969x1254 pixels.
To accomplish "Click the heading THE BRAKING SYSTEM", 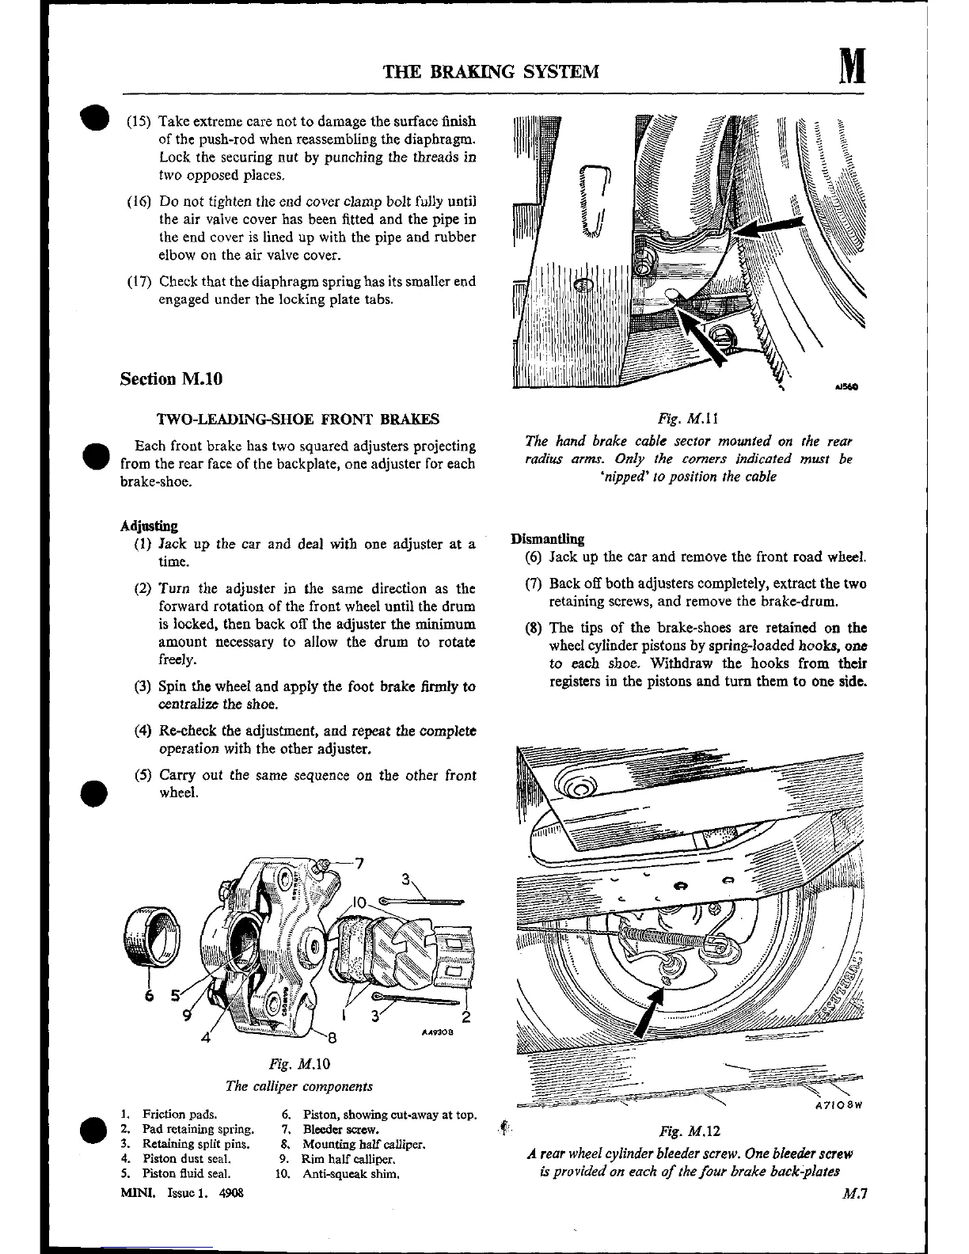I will pyautogui.click(x=491, y=72).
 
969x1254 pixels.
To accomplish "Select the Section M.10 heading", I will pyautogui.click(x=171, y=378).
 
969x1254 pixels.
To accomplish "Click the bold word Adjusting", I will pyautogui.click(x=149, y=526).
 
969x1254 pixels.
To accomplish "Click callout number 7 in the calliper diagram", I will pyautogui.click(x=359, y=863).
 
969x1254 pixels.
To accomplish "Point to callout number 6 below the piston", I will pyautogui.click(x=148, y=996).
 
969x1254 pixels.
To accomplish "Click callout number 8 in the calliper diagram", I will pyautogui.click(x=332, y=1037).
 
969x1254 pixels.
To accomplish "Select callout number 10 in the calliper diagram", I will pyautogui.click(x=358, y=902).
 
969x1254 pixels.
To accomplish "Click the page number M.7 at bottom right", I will pyautogui.click(x=852, y=1195).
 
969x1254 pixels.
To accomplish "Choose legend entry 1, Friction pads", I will pyautogui.click(x=169, y=1115).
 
